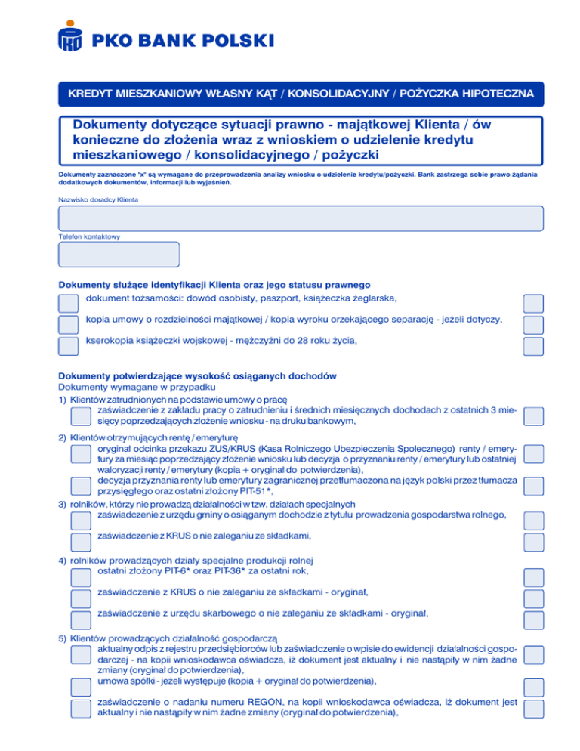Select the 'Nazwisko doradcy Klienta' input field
tap(300, 218)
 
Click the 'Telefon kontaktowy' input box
tap(119, 255)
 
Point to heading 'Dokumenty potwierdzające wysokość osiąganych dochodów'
tap(197, 376)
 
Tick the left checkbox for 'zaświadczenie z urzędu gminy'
tap(79, 520)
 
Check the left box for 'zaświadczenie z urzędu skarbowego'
tap(79, 620)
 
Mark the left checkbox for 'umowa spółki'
tap(79, 687)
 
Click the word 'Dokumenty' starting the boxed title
tap(111, 124)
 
